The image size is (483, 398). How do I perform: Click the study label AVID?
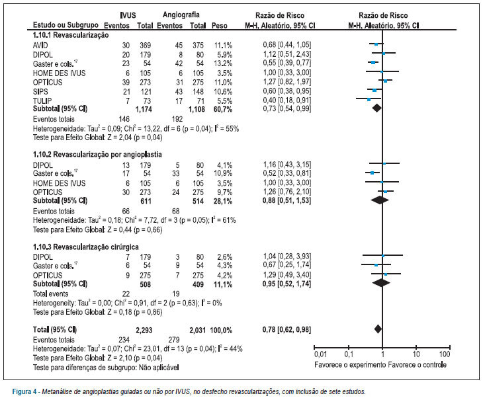coord(40,46)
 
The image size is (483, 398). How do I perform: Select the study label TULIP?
coord(42,100)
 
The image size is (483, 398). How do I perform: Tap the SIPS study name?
coord(40,92)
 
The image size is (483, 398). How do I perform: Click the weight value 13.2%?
coord(224,63)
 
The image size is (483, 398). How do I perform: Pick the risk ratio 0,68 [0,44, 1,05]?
coord(286,45)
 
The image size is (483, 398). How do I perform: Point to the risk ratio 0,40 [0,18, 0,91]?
coord(286,100)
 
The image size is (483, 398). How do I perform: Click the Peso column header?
coord(219,26)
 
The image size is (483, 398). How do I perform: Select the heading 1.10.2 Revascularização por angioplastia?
coord(97,155)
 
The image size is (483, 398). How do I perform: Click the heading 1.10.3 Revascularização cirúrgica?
coord(85,247)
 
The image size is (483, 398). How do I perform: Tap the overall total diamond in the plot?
coord(378,329)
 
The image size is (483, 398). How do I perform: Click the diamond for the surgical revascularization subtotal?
coord(381,282)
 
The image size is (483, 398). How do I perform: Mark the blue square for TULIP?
coord(369,99)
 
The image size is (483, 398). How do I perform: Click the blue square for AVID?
coord(376,44)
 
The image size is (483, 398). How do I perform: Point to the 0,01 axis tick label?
coord(320,354)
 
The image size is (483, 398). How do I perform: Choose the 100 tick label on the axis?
coord(445,354)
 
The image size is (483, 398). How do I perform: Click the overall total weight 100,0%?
coord(221,331)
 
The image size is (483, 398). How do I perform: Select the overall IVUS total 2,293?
coord(144,331)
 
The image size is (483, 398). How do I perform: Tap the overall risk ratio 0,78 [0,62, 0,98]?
coord(286,330)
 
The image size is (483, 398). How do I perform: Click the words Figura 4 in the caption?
coord(24,392)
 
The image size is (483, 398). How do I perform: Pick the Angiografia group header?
coord(181,15)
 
